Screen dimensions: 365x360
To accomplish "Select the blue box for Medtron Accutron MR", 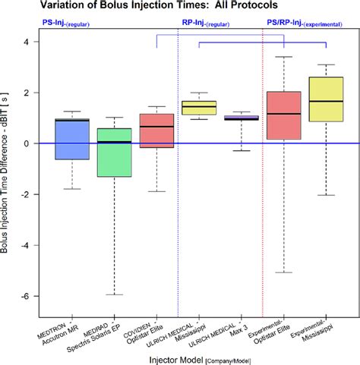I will click(72, 139).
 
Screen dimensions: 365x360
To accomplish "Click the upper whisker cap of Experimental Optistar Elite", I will click(285, 57).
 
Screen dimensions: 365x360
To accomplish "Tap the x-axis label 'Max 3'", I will click(242, 328).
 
